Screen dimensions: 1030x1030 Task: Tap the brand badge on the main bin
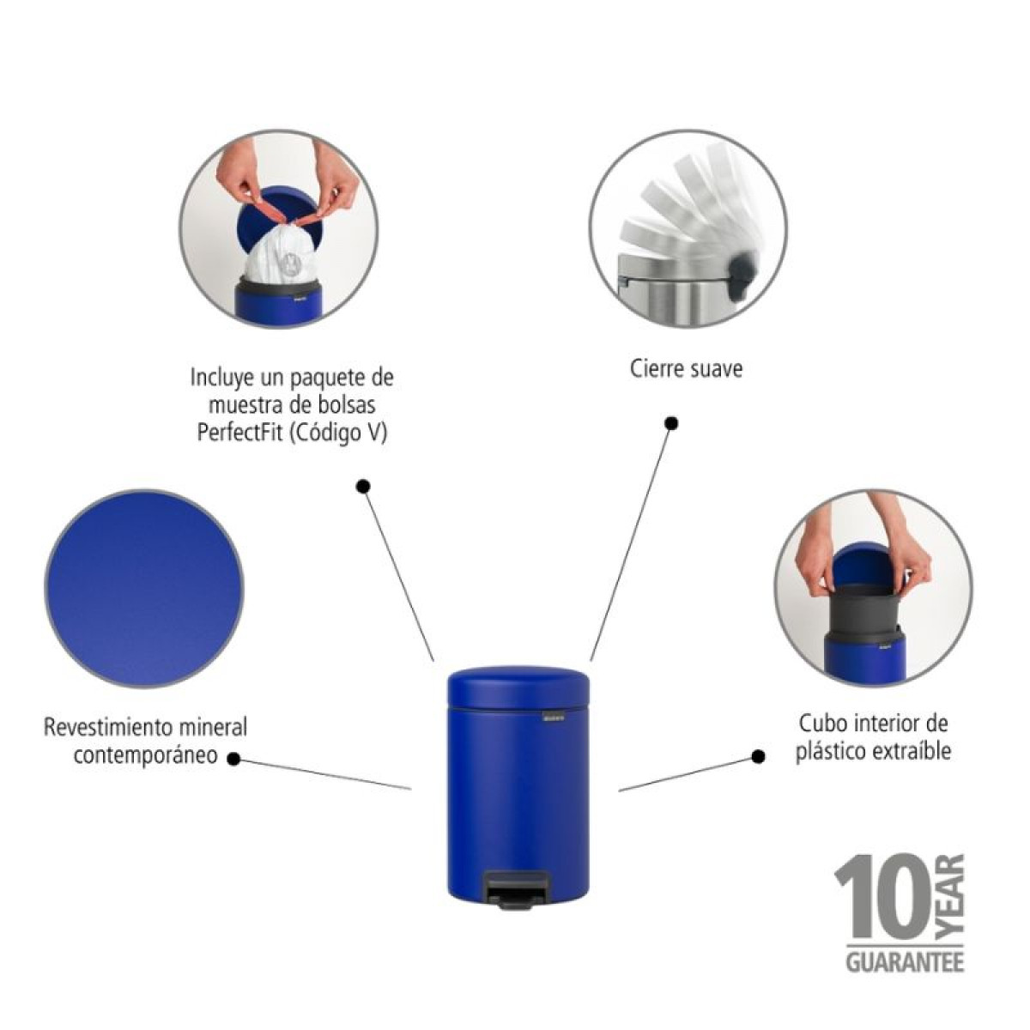tap(553, 717)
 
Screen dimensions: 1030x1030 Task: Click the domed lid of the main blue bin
tap(518, 687)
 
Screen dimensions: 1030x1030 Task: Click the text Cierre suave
tap(687, 369)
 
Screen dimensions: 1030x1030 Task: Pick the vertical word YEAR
tap(952, 900)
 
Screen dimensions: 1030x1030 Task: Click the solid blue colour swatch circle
tap(144, 588)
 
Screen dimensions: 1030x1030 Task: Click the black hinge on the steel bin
tap(743, 275)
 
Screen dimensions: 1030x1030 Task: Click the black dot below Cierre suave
tap(672, 423)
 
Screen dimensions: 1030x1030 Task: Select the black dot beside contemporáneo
tap(233, 759)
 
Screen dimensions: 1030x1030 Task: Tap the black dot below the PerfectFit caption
tap(363, 487)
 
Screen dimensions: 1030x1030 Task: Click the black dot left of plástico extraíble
tap(758, 756)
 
